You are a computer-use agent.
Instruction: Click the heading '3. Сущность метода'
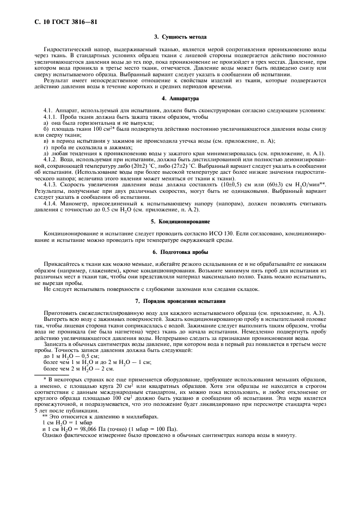pos(180,37)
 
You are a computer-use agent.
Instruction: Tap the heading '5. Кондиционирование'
pos(180,222)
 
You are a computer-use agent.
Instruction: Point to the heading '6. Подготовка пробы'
pos(180,252)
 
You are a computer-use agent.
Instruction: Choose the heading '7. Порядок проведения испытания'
pos(180,301)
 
